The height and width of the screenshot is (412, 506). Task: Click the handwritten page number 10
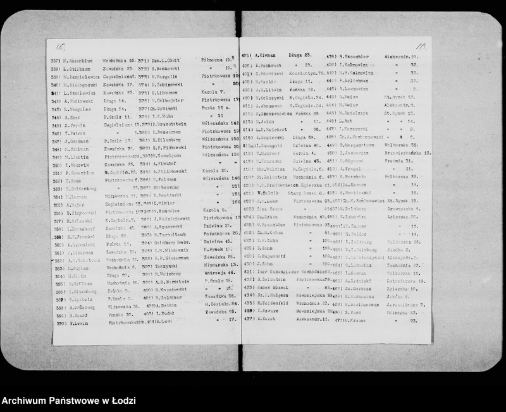point(61,46)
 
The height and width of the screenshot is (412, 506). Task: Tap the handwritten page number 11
point(421,47)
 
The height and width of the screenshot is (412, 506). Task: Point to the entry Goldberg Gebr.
point(170,242)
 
